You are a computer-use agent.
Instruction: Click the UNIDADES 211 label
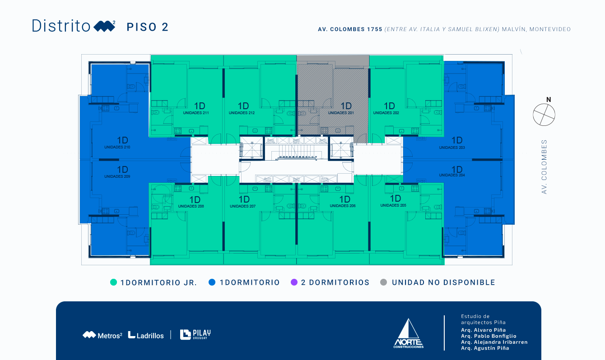point(196,113)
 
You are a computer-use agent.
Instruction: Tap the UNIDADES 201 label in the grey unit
point(341,113)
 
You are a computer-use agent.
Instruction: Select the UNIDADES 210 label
point(117,148)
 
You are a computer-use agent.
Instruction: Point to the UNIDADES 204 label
point(452,175)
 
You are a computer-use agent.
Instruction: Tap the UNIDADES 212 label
point(242,113)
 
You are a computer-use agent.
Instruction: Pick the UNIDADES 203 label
point(452,148)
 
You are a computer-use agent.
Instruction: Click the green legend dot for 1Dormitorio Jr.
point(114,282)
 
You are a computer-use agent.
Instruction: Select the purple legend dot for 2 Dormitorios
point(294,282)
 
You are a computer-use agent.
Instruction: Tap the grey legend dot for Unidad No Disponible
point(384,282)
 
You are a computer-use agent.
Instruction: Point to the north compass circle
point(544,115)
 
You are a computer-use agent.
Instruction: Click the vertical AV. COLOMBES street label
point(544,167)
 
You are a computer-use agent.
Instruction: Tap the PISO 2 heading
point(148,27)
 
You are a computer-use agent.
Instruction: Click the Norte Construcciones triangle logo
point(409,333)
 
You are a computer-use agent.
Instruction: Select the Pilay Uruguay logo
point(195,334)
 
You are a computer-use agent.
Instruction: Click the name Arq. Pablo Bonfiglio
point(489,336)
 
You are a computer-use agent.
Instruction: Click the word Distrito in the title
point(61,26)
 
